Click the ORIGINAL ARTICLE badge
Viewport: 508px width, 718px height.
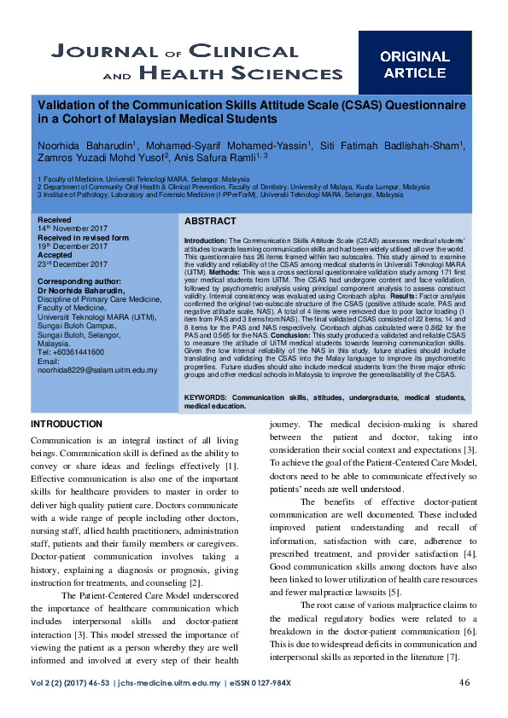click(x=414, y=65)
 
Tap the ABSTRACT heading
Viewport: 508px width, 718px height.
click(x=210, y=221)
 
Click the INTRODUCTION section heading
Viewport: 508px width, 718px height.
click(x=67, y=425)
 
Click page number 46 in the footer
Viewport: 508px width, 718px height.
click(x=465, y=682)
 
